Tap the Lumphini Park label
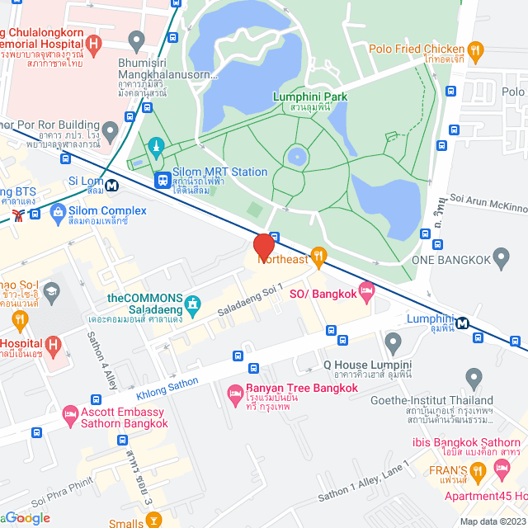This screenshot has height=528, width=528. tap(309, 97)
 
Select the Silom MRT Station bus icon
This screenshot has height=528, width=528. tap(163, 178)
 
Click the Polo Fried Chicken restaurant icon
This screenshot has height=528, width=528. tap(475, 53)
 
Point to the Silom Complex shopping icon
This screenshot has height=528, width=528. tap(58, 216)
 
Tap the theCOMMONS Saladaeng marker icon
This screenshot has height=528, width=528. tap(193, 305)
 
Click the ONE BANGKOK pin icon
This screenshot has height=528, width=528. tap(501, 261)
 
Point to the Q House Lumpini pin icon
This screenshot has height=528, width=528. tap(393, 341)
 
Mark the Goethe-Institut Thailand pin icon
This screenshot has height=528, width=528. tap(474, 379)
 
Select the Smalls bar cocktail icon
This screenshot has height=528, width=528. tap(153, 521)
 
